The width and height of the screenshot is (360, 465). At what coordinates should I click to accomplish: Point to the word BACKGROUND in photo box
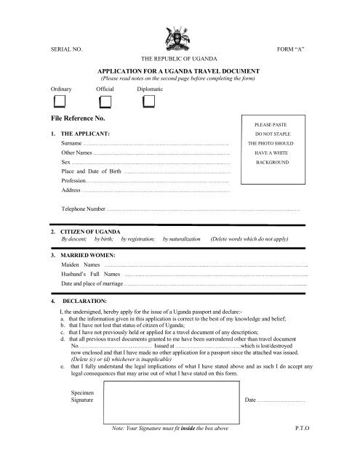tap(272, 163)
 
